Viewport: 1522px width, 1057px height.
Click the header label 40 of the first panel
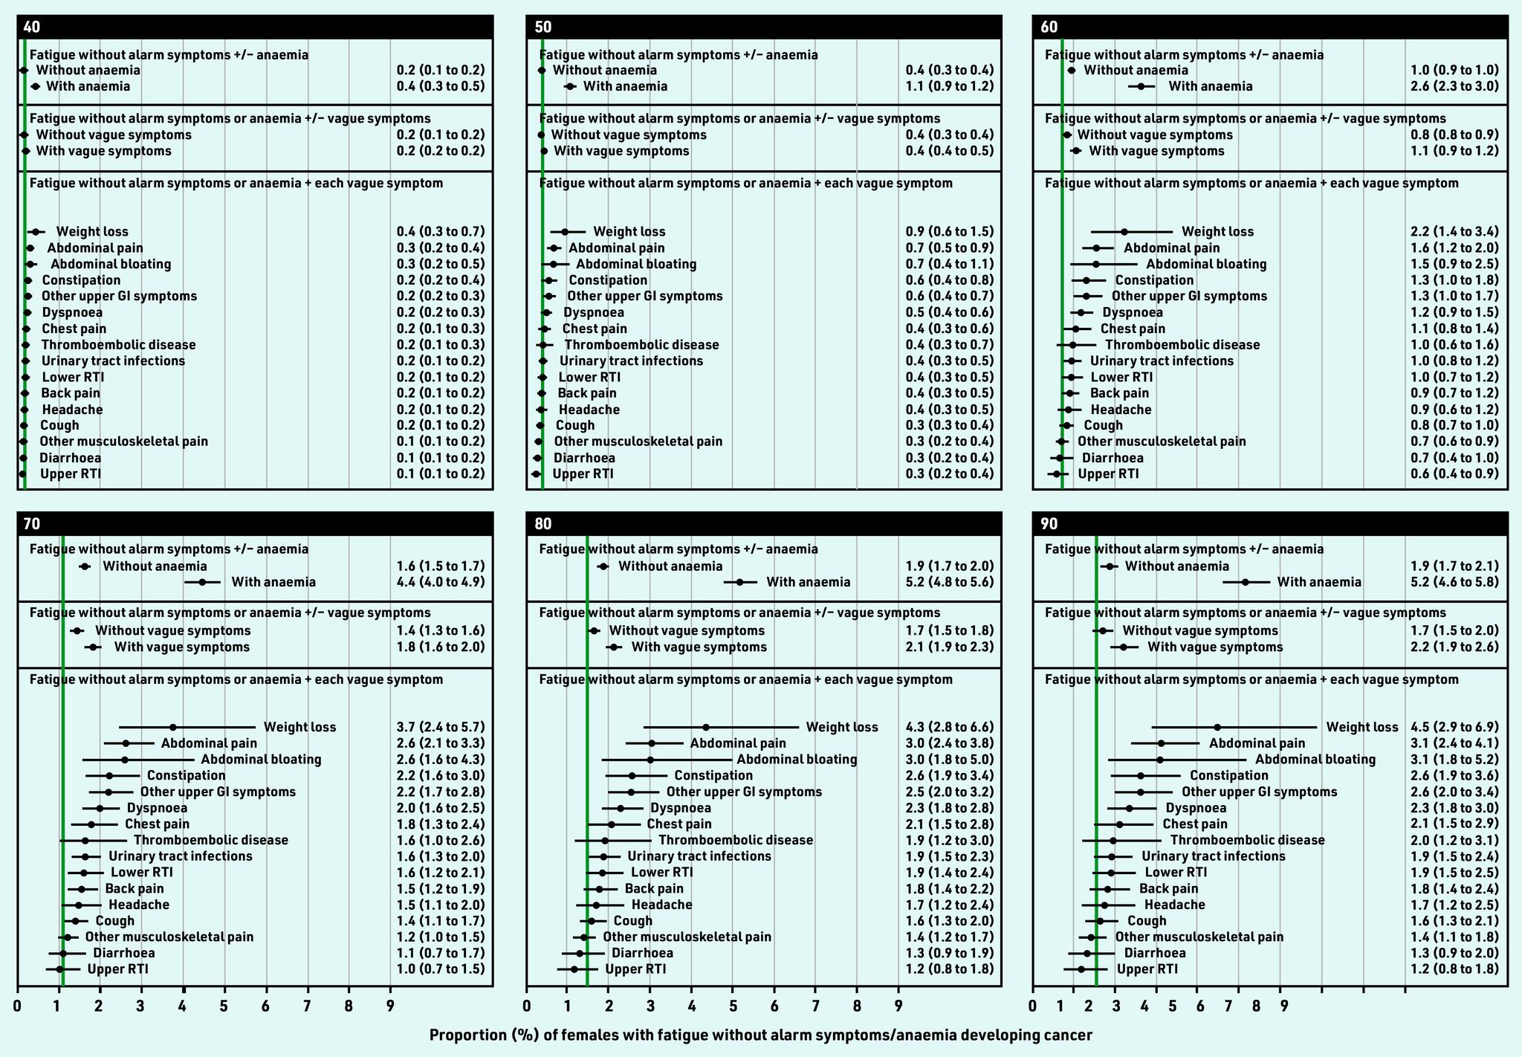pos(32,28)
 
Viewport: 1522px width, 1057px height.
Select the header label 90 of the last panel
pos(1049,524)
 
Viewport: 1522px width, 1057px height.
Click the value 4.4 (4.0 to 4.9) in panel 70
pos(441,582)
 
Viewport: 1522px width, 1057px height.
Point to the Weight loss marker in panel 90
pos(1217,727)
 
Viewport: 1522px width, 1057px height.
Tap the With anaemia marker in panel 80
pos(739,582)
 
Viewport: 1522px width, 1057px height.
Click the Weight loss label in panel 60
pos(1217,232)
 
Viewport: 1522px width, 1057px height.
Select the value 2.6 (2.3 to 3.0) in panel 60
pos(1454,86)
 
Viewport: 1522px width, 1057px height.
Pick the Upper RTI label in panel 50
pos(583,474)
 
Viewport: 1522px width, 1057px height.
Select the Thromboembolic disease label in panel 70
pos(210,840)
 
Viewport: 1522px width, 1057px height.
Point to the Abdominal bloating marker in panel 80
pos(650,760)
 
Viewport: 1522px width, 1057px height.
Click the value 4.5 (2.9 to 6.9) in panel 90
pos(1454,727)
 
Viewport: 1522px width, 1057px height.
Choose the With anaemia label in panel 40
pos(88,86)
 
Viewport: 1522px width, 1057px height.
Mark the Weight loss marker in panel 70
pos(173,727)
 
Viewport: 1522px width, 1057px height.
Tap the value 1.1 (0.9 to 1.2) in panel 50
pos(949,86)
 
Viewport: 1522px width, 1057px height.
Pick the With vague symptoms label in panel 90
pos(1215,647)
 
